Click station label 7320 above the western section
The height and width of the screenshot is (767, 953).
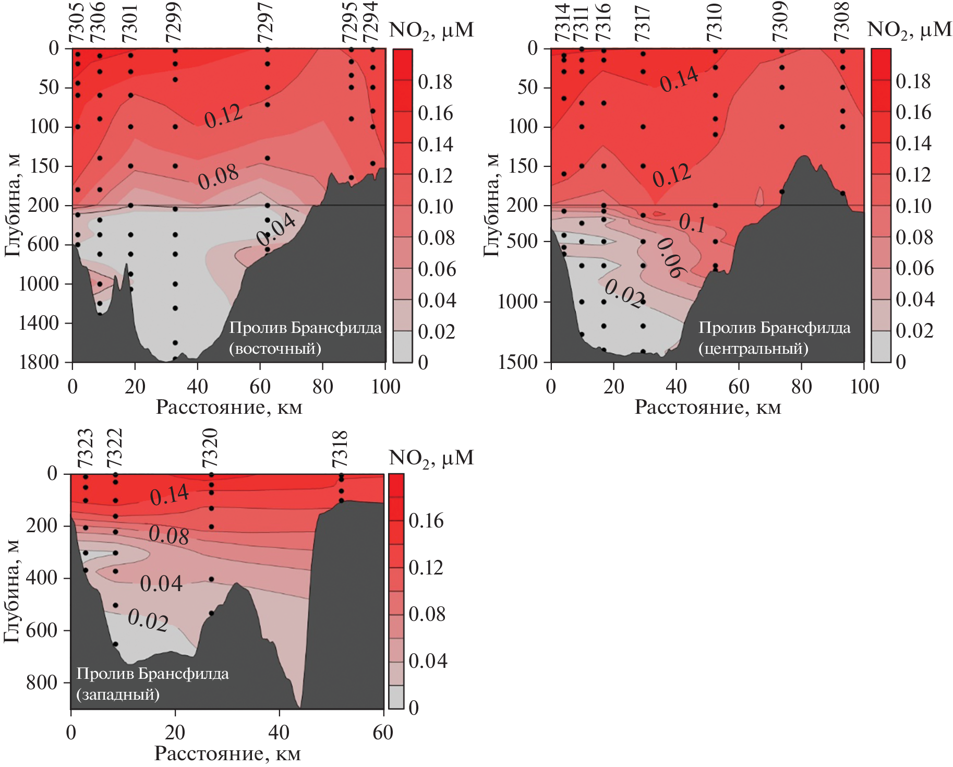click(x=210, y=448)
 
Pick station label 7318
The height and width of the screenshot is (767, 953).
click(x=340, y=449)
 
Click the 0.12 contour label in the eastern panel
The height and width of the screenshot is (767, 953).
click(x=223, y=116)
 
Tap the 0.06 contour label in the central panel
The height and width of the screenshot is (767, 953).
click(x=670, y=258)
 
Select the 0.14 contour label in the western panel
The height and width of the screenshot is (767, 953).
click(x=169, y=495)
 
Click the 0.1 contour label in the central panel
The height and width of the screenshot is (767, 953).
click(x=692, y=223)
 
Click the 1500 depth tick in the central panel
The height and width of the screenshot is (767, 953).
click(x=517, y=362)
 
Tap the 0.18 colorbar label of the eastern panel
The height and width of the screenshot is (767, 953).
click(x=435, y=82)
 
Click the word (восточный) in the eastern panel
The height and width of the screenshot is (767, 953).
click(x=275, y=349)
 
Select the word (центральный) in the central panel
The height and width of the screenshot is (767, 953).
click(x=753, y=349)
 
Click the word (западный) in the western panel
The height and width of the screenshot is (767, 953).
click(x=118, y=694)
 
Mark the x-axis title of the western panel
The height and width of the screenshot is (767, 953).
click(x=227, y=753)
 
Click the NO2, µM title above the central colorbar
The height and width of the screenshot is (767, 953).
click(x=909, y=30)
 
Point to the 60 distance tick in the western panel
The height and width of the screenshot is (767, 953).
click(x=383, y=733)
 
